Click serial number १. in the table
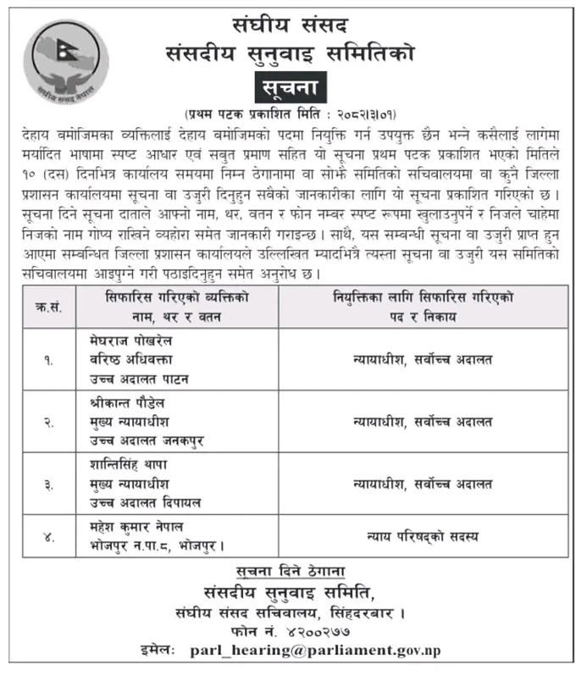pyautogui.click(x=49, y=359)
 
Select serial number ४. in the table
pyautogui.click(x=49, y=533)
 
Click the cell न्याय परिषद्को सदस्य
pyautogui.click(x=422, y=534)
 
